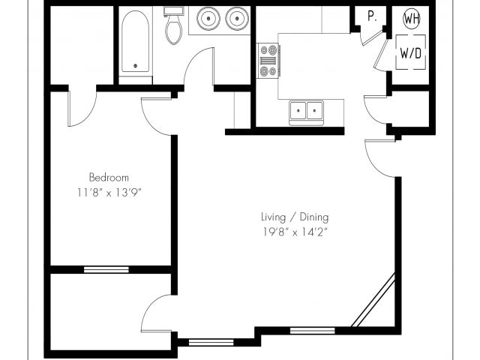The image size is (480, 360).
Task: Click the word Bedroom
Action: (x=109, y=178)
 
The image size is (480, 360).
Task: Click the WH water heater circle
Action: (x=412, y=19)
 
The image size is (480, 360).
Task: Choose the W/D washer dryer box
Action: (x=410, y=53)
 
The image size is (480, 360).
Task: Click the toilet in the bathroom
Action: (x=174, y=27)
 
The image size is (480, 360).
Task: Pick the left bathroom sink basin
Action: (x=206, y=18)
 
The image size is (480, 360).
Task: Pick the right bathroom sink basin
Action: (x=236, y=18)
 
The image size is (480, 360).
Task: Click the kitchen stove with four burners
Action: (x=268, y=61)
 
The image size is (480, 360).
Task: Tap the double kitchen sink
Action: (x=306, y=111)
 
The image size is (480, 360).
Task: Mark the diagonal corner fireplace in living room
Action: (x=373, y=301)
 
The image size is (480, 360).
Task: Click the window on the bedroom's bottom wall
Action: (x=106, y=269)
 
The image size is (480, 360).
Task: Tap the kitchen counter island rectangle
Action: (x=314, y=65)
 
